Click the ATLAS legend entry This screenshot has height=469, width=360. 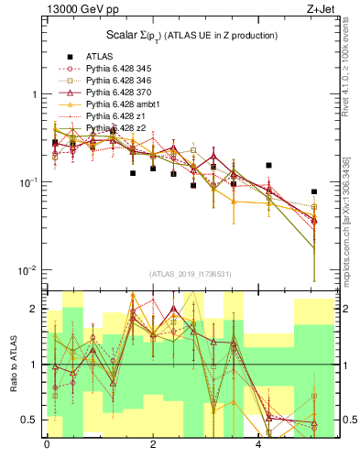99,56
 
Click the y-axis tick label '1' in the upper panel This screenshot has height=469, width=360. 34,95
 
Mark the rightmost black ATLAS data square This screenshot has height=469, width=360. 314,192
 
